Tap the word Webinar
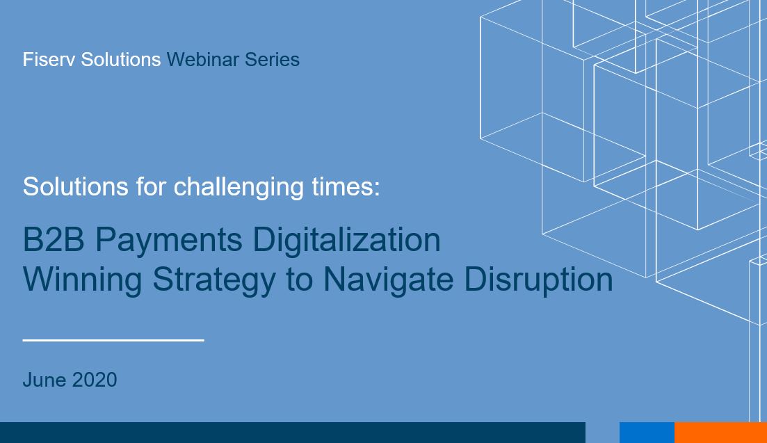[203, 60]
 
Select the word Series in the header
[272, 60]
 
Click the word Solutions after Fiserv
[121, 60]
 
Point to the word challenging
[239, 187]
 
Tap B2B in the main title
[54, 240]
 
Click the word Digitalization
[346, 241]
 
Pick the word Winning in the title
[83, 280]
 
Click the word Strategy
[214, 280]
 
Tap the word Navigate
[389, 280]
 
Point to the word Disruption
[538, 280]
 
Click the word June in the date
[45, 380]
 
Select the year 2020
[95, 380]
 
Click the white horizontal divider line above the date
[113, 340]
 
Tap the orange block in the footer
[720, 433]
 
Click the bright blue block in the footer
[647, 433]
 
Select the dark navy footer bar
[293, 433]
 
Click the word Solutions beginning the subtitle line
[76, 186]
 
